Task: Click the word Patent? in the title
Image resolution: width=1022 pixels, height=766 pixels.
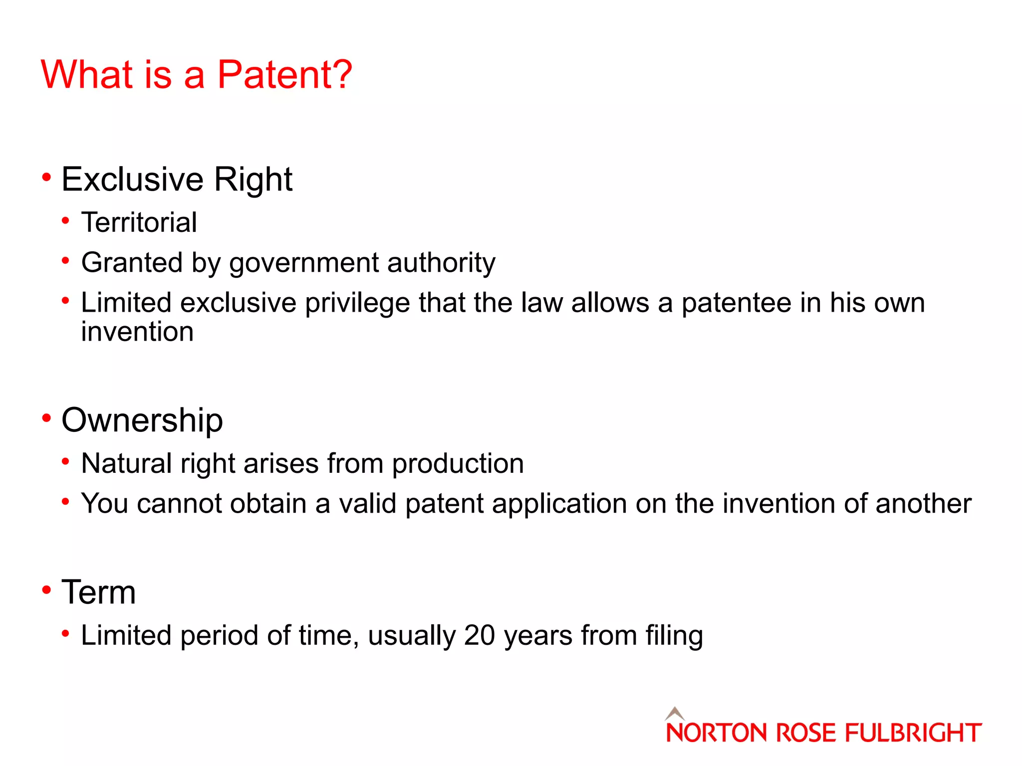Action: [x=284, y=75]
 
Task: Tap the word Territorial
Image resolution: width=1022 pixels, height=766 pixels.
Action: [x=139, y=222]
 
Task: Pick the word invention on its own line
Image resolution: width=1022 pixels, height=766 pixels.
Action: [x=137, y=332]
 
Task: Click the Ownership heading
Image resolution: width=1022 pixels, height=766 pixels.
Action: [x=142, y=420]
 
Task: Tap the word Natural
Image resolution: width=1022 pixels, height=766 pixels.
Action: [x=127, y=463]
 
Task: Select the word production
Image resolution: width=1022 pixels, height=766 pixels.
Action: [x=458, y=464]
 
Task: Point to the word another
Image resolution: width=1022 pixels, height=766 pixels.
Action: [x=923, y=504]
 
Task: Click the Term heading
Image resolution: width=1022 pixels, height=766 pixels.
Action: [x=98, y=592]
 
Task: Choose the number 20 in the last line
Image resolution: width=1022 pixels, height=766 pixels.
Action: [x=479, y=636]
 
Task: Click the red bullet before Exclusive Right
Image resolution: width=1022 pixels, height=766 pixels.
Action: [x=47, y=177]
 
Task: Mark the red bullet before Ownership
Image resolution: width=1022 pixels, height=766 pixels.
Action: [x=47, y=418]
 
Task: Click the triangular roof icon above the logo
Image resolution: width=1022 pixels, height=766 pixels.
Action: [x=675, y=713]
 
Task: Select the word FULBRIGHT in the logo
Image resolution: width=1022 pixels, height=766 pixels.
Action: [x=913, y=733]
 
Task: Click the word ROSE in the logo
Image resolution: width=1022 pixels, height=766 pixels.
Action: [x=805, y=733]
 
